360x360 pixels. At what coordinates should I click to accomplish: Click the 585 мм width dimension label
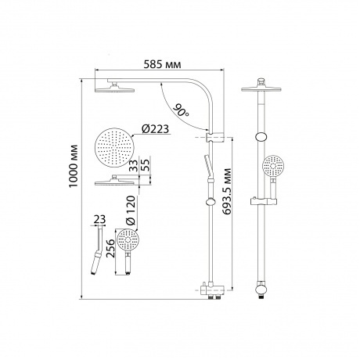pyautogui.click(x=162, y=64)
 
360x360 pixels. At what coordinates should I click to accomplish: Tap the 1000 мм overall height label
pyautogui.click(x=74, y=166)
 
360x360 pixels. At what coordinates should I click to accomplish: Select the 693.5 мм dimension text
pyautogui.click(x=227, y=191)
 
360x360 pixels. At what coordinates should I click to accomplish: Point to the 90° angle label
pyautogui.click(x=181, y=110)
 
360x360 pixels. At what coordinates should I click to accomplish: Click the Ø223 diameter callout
pyautogui.click(x=155, y=129)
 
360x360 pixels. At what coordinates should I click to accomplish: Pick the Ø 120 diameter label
pyautogui.click(x=131, y=211)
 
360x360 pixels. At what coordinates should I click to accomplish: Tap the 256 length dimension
pyautogui.click(x=111, y=248)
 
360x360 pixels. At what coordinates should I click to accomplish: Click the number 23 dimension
pyautogui.click(x=100, y=219)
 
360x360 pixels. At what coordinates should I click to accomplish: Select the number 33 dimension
pyautogui.click(x=134, y=165)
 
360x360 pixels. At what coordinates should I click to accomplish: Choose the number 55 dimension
pyautogui.click(x=146, y=164)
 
